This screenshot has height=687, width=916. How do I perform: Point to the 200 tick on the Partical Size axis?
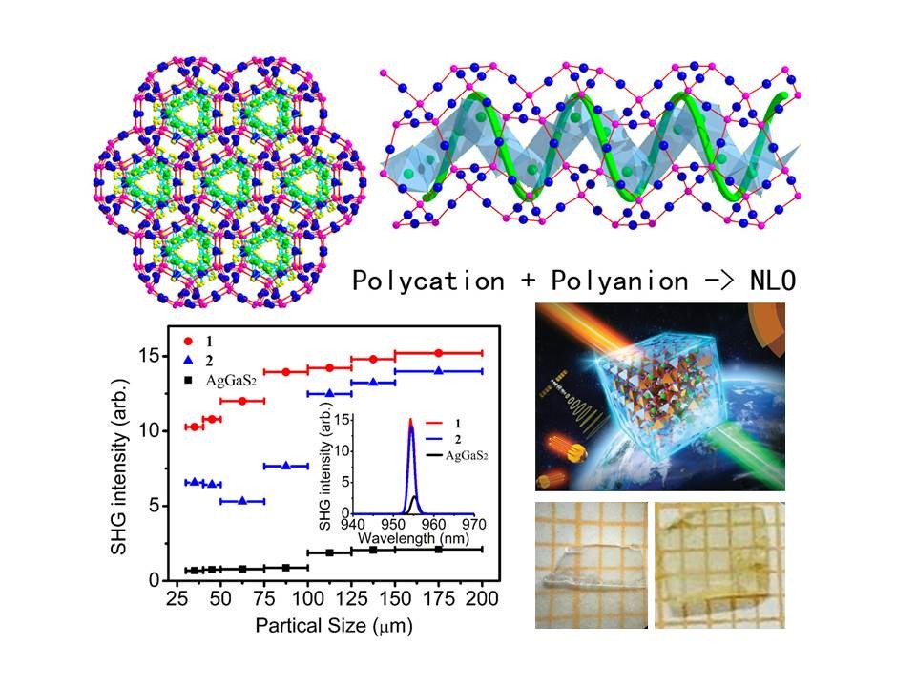[x=483, y=598]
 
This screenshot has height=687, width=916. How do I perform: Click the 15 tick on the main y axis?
[x=156, y=355]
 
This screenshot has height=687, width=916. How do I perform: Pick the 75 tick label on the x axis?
[x=264, y=598]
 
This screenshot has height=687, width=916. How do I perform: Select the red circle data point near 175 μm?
[x=439, y=353]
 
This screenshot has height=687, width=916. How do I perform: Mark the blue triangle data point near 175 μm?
[x=439, y=370]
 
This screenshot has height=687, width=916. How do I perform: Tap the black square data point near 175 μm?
[x=439, y=550]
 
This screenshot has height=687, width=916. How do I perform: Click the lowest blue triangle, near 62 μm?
[x=242, y=500]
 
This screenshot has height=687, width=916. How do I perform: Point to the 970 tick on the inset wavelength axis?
[x=473, y=523]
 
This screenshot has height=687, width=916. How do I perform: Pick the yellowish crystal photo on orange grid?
[x=718, y=564]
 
